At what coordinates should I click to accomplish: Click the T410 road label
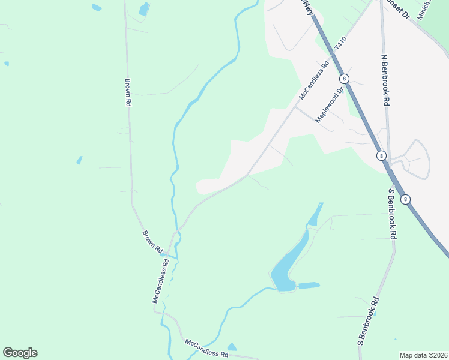pos(340,44)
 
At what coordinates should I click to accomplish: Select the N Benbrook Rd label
pos(385,81)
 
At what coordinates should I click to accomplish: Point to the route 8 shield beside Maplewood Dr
pos(344,79)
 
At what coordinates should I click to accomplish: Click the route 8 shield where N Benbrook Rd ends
pos(381,155)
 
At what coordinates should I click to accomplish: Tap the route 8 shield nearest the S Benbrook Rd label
pos(406,199)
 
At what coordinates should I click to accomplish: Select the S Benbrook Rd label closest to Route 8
pos(393,214)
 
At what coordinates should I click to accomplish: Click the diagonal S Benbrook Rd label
pos(369,320)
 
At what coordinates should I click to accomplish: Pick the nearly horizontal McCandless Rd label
pos(206,348)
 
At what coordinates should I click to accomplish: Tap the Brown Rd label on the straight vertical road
pos(128,92)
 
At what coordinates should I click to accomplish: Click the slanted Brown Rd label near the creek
pos(152,241)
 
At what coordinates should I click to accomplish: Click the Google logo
pos(20,353)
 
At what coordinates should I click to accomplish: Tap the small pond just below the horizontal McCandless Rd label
pos(232,347)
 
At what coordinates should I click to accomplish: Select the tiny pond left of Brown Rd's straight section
pos(79,160)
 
